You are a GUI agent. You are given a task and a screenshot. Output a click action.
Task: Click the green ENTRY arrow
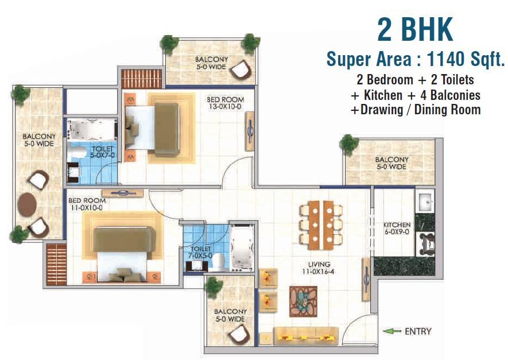pyautogui.click(x=391, y=331)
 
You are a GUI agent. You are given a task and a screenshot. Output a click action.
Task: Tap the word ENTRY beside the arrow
pyautogui.click(x=418, y=331)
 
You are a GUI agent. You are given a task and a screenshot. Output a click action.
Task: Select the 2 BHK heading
pyautogui.click(x=415, y=29)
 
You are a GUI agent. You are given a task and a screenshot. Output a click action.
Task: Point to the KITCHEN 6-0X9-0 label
pyautogui.click(x=397, y=228)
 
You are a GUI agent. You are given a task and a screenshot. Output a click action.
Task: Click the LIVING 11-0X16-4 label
pyautogui.click(x=319, y=268)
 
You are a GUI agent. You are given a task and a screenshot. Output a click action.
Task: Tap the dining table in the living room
pyautogui.click(x=321, y=225)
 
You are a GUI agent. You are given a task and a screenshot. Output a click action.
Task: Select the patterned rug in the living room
pyautogui.click(x=303, y=301)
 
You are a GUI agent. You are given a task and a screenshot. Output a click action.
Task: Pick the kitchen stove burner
pyautogui.click(x=425, y=243)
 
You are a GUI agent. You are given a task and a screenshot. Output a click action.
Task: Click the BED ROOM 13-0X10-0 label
pyautogui.click(x=225, y=103)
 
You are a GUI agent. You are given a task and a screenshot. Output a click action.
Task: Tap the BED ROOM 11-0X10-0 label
pyautogui.click(x=87, y=204)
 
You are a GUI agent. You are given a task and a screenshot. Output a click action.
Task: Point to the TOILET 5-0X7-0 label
pyautogui.click(x=103, y=152)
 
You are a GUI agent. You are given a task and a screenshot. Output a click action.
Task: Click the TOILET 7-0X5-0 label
pyautogui.click(x=200, y=252)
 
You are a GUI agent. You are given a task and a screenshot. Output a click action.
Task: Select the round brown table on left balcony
pyautogui.click(x=27, y=204)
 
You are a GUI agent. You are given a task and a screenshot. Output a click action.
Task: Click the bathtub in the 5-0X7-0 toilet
pyautogui.click(x=92, y=130)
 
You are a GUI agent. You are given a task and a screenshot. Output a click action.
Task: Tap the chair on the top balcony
pyautogui.click(x=241, y=69)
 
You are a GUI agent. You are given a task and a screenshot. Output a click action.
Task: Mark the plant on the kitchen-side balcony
pyautogui.click(x=349, y=144)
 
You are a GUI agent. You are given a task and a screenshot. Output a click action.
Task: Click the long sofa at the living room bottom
pyautogui.click(x=306, y=336)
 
